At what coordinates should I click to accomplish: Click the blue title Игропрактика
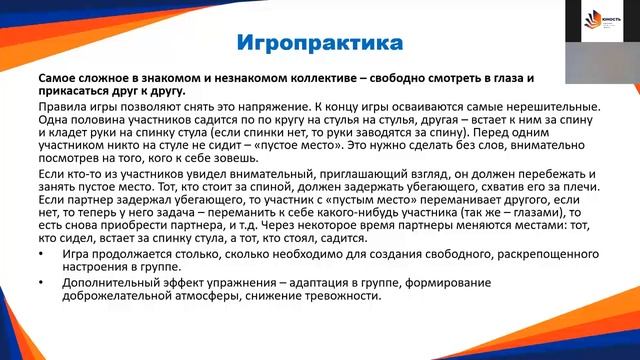(x=320, y=44)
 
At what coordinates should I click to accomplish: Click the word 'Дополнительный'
(x=99, y=283)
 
